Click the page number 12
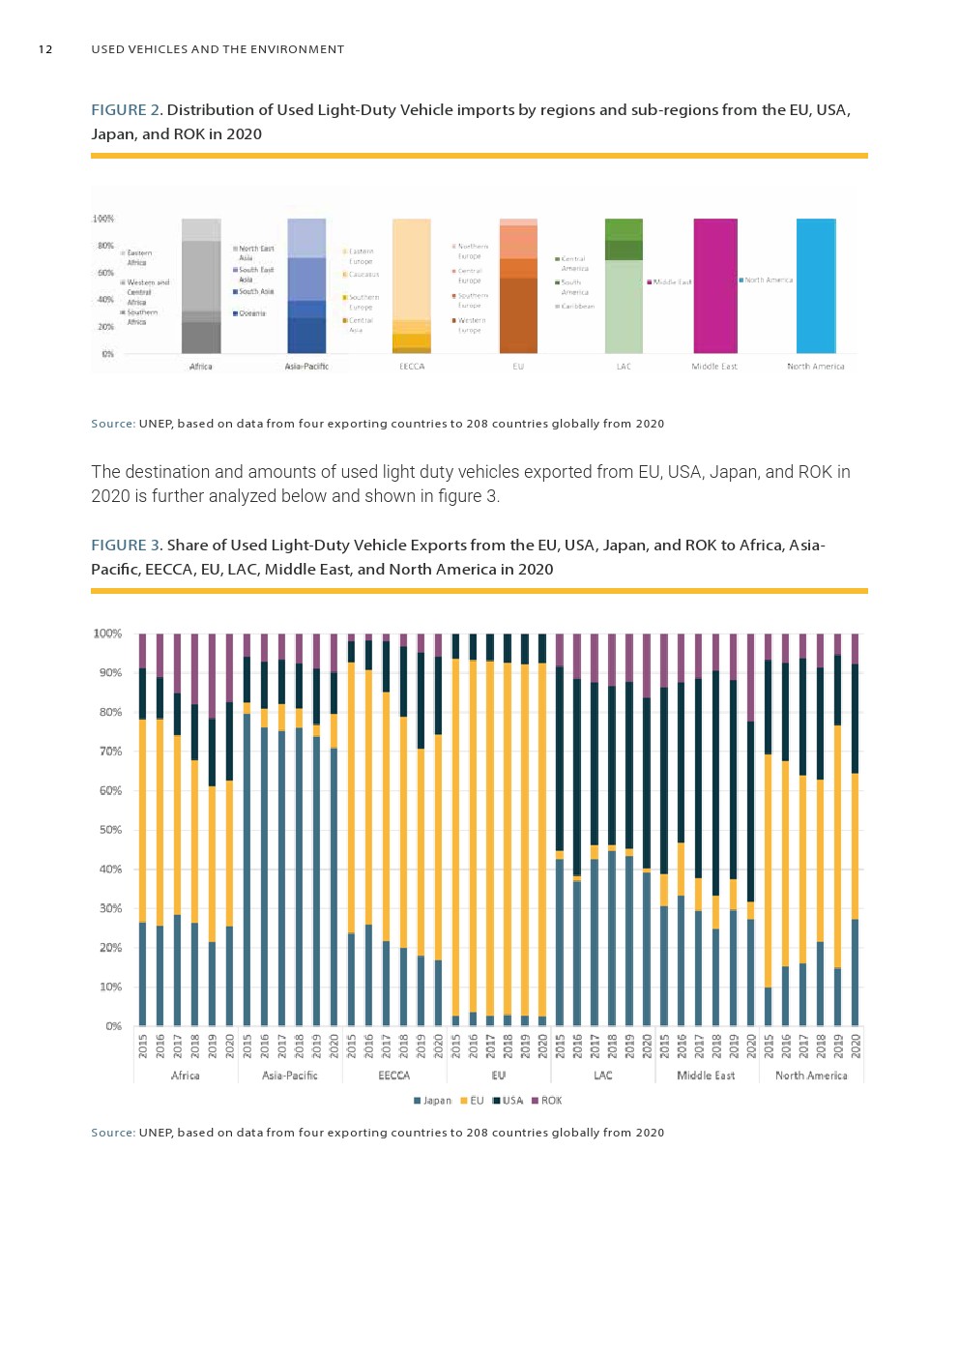45,49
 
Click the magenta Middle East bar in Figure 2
715,285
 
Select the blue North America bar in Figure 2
815,285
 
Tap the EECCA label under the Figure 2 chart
412,367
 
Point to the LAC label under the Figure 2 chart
624,367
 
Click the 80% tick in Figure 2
104,246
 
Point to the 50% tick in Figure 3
109,830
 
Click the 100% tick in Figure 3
107,634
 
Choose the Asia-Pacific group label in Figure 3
289,1076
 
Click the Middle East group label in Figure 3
706,1076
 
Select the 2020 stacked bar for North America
856,841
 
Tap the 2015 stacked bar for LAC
560,841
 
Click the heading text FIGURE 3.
126,546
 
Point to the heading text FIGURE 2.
126,110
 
